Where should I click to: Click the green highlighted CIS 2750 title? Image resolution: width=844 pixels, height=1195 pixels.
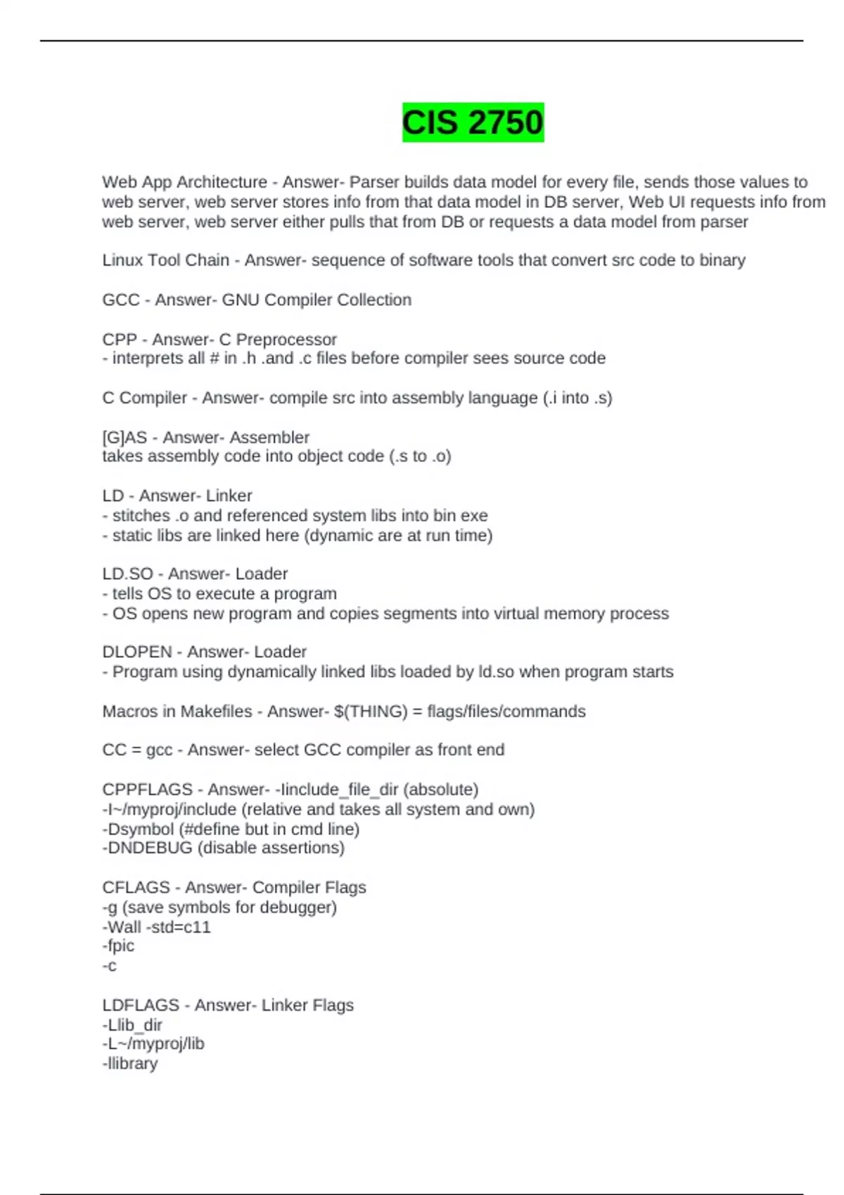[x=473, y=122]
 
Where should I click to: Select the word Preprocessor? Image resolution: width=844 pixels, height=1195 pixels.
[x=286, y=340]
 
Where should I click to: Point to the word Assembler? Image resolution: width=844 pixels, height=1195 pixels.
[x=270, y=437]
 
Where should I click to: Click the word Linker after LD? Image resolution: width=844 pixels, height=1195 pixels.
[x=229, y=496]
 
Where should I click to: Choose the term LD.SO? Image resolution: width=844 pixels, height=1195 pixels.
[x=127, y=574]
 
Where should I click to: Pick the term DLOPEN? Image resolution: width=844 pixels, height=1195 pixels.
[x=136, y=652]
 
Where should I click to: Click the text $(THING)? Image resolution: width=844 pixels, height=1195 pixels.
[x=371, y=711]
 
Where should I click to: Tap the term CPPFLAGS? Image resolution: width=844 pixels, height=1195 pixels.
[x=147, y=789]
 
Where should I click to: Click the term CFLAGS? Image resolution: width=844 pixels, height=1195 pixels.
[x=136, y=887]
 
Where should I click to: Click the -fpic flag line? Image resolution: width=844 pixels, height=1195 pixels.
[x=118, y=946]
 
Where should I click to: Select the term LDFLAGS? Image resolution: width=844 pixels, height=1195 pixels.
[x=141, y=1005]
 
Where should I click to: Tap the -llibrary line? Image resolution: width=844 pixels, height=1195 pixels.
[x=130, y=1064]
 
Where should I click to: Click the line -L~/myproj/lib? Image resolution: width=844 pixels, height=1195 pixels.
[x=153, y=1044]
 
